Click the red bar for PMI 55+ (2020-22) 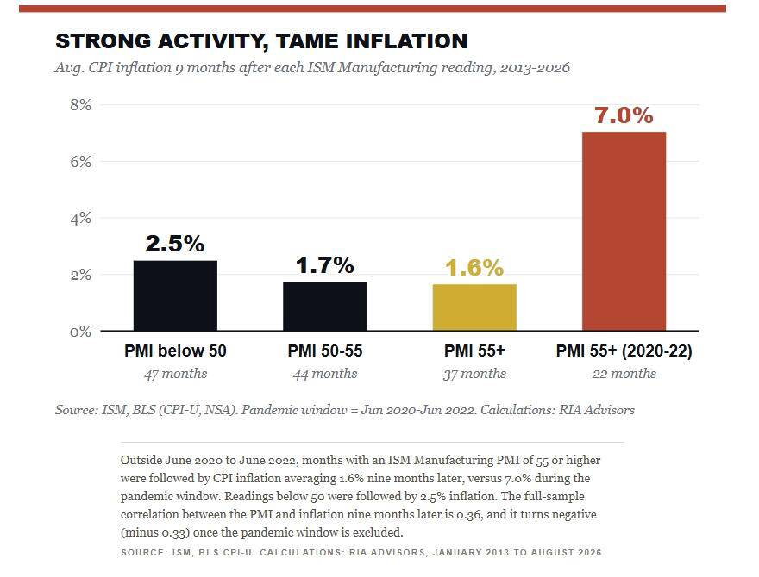click(x=624, y=231)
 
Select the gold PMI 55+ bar click(x=474, y=307)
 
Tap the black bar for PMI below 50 click(x=175, y=295)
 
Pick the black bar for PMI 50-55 click(x=325, y=307)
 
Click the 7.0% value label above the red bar click(x=624, y=115)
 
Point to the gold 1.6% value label click(x=474, y=268)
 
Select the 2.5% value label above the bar click(x=175, y=244)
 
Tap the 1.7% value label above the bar click(x=325, y=265)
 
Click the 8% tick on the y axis click(x=80, y=105)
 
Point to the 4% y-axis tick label click(x=80, y=219)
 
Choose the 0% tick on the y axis click(x=80, y=332)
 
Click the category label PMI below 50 click(x=175, y=351)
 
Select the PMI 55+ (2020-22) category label click(x=624, y=351)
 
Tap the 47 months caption click(x=175, y=374)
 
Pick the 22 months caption click(x=624, y=374)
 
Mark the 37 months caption click(x=474, y=374)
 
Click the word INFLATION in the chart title click(x=407, y=41)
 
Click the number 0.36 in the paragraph click(x=469, y=514)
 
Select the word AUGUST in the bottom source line click(x=549, y=552)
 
